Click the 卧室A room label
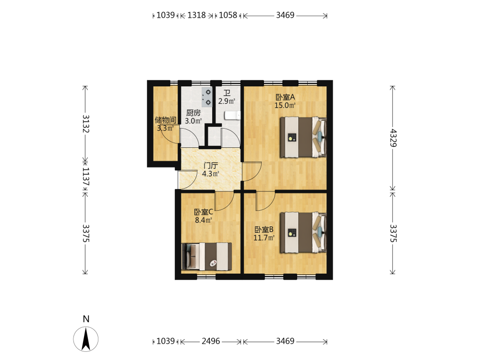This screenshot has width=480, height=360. [285, 97]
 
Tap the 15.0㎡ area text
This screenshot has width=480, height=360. [285, 106]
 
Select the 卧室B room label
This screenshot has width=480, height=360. [264, 229]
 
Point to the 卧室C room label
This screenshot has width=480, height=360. [204, 212]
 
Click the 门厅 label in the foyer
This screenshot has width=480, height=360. [211, 166]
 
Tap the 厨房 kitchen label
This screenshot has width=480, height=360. [193, 113]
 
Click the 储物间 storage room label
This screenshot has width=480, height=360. [165, 120]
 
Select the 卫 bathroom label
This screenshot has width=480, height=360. [227, 93]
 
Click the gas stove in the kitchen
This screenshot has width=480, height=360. [206, 97]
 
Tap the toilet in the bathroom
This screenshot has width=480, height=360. [233, 115]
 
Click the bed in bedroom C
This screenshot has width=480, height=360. [206, 256]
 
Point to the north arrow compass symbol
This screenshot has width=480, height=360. [86, 339]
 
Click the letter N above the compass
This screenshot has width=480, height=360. [86, 319]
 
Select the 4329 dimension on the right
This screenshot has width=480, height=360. [393, 138]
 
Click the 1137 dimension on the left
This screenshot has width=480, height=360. [86, 176]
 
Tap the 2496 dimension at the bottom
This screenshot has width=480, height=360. [211, 341]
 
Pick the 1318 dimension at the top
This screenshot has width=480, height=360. [196, 15]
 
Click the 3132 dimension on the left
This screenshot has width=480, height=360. [86, 124]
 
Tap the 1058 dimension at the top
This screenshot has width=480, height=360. [228, 15]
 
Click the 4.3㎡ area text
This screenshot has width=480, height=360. [211, 174]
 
